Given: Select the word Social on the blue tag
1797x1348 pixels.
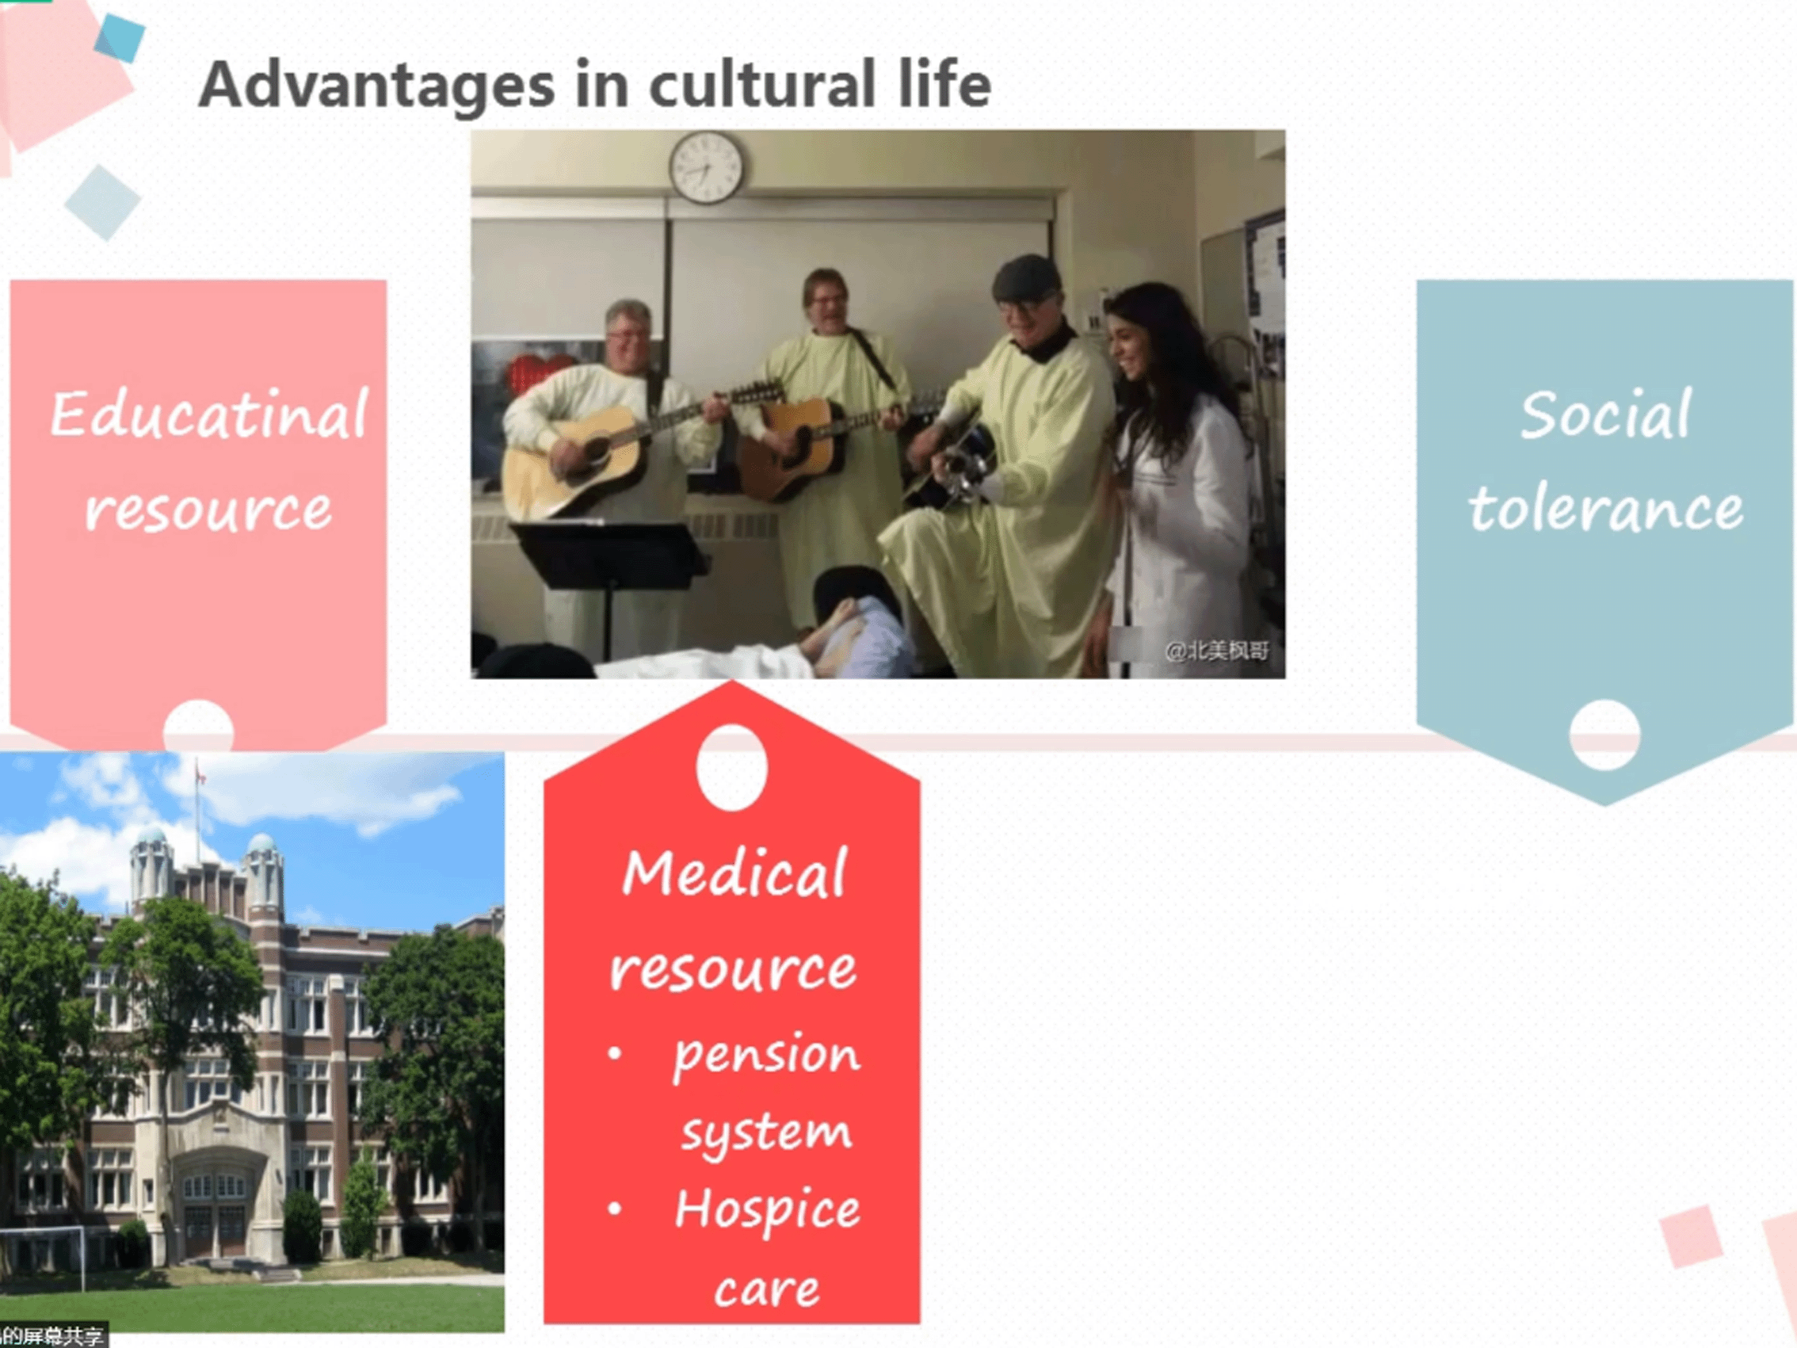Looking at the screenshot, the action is tap(1606, 414).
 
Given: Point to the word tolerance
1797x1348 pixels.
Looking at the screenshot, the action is tap(1606, 508).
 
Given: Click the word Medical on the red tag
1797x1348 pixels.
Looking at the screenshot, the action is tap(734, 873).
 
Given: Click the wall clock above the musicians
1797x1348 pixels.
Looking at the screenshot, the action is tap(706, 167).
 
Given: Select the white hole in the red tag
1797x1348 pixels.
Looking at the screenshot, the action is tap(732, 767).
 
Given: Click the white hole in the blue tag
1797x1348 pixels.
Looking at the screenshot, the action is tap(1604, 735).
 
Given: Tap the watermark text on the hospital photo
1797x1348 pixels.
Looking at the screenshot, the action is tap(1216, 651).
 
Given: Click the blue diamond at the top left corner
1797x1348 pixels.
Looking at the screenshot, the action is tap(120, 37).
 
